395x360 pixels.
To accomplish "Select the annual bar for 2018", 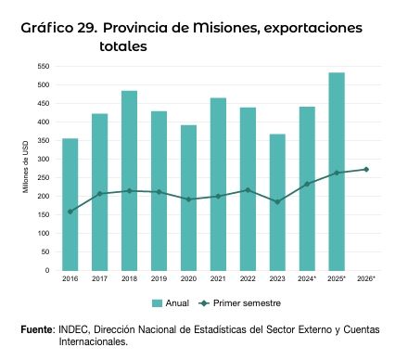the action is pyautogui.click(x=129, y=181).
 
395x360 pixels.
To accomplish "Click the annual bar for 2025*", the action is pyautogui.click(x=337, y=172).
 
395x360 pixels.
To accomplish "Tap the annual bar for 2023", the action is pyautogui.click(x=277, y=202).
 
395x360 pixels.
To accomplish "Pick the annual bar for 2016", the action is pyautogui.click(x=70, y=204).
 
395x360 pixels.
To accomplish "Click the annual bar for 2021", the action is pyautogui.click(x=218, y=185).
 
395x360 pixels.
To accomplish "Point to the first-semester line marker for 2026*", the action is pyautogui.click(x=366, y=170).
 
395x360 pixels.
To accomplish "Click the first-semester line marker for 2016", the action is pyautogui.click(x=70, y=212).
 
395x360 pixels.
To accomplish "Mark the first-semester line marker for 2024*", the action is pyautogui.click(x=307, y=184).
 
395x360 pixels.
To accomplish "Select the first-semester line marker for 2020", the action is pyautogui.click(x=188, y=199).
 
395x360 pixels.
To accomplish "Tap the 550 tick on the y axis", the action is pyautogui.click(x=44, y=66).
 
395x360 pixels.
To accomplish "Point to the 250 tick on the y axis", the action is pyautogui.click(x=44, y=177).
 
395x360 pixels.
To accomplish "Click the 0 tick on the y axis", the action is pyautogui.click(x=47, y=270).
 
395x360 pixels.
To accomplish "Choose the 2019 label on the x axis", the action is pyautogui.click(x=159, y=278).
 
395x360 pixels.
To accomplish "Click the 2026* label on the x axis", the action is pyautogui.click(x=366, y=278).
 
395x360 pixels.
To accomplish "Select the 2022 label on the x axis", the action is pyautogui.click(x=248, y=278).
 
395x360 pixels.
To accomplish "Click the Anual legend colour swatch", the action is pyautogui.click(x=157, y=303).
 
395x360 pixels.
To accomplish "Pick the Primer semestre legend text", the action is pyautogui.click(x=247, y=303).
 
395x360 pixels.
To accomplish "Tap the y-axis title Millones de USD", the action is pyautogui.click(x=25, y=167).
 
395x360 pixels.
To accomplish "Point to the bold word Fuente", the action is pyautogui.click(x=36, y=329).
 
